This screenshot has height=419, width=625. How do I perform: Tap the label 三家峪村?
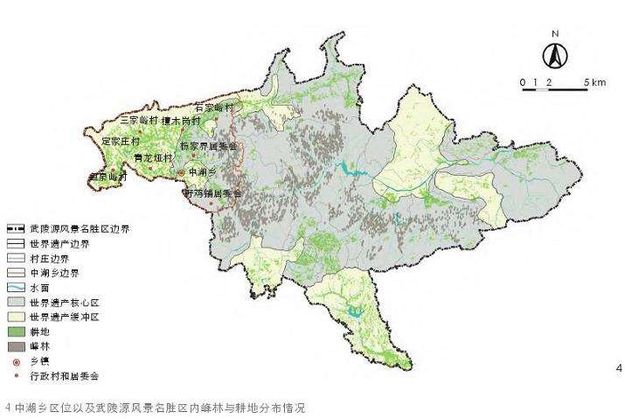(140, 120)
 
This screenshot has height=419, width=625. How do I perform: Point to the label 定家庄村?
(122, 140)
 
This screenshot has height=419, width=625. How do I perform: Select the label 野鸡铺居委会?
(211, 192)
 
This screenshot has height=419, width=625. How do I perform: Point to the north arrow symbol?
(554, 56)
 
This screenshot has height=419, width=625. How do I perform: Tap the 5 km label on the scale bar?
(597, 82)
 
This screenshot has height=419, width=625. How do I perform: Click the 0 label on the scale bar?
(522, 82)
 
